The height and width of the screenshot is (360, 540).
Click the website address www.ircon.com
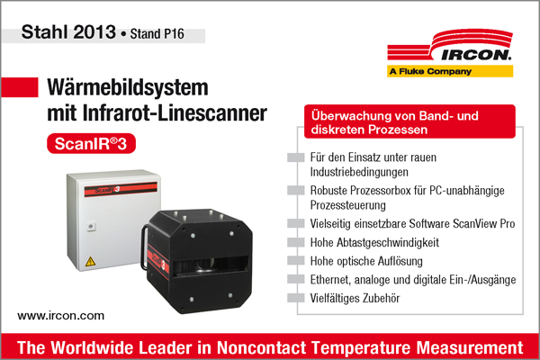(61, 316)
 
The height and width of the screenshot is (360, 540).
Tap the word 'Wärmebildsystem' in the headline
(126, 88)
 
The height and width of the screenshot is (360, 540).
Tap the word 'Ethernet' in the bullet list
(328, 279)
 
